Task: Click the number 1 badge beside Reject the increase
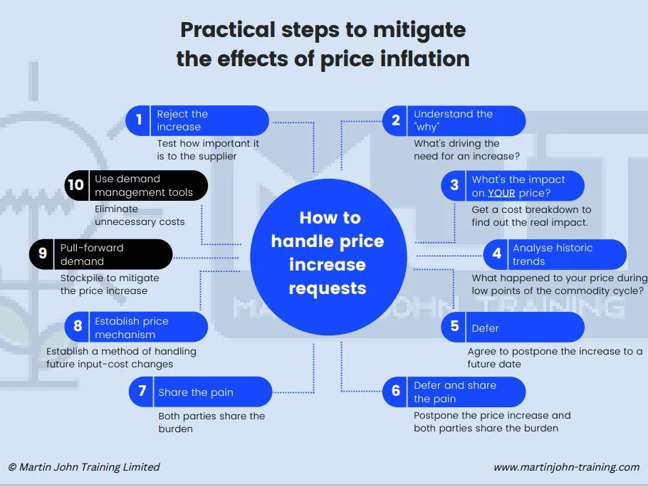(139, 120)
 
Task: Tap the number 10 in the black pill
(75, 184)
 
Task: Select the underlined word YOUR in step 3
(501, 193)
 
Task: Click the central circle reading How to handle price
(328, 257)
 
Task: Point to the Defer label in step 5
(485, 328)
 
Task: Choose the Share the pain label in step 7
(196, 392)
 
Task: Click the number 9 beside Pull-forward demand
(43, 253)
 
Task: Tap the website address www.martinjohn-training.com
(567, 467)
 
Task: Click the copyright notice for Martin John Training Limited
(84, 467)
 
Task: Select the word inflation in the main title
(425, 58)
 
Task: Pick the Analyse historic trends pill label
(553, 254)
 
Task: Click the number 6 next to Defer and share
(395, 390)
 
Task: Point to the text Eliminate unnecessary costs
(140, 215)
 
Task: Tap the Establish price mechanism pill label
(132, 328)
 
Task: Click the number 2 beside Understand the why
(395, 120)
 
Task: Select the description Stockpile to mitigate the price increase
(110, 284)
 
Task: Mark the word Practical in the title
(228, 30)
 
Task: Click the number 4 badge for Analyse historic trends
(497, 253)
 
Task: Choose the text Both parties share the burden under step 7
(211, 422)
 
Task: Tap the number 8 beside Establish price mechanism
(78, 326)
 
